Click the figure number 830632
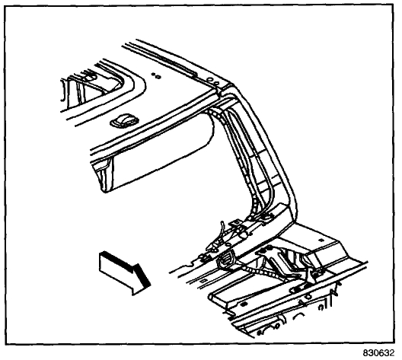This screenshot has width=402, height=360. pyautogui.click(x=378, y=353)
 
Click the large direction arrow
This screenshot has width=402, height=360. pyautogui.click(x=124, y=273)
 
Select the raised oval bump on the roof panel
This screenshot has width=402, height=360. pyautogui.click(x=124, y=120)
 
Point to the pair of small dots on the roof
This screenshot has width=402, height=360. pyautogui.click(x=156, y=75)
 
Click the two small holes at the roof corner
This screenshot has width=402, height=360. pyautogui.click(x=213, y=81)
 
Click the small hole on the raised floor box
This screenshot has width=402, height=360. pyautogui.click(x=322, y=240)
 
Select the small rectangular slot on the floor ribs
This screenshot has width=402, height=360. pyautogui.click(x=204, y=281)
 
